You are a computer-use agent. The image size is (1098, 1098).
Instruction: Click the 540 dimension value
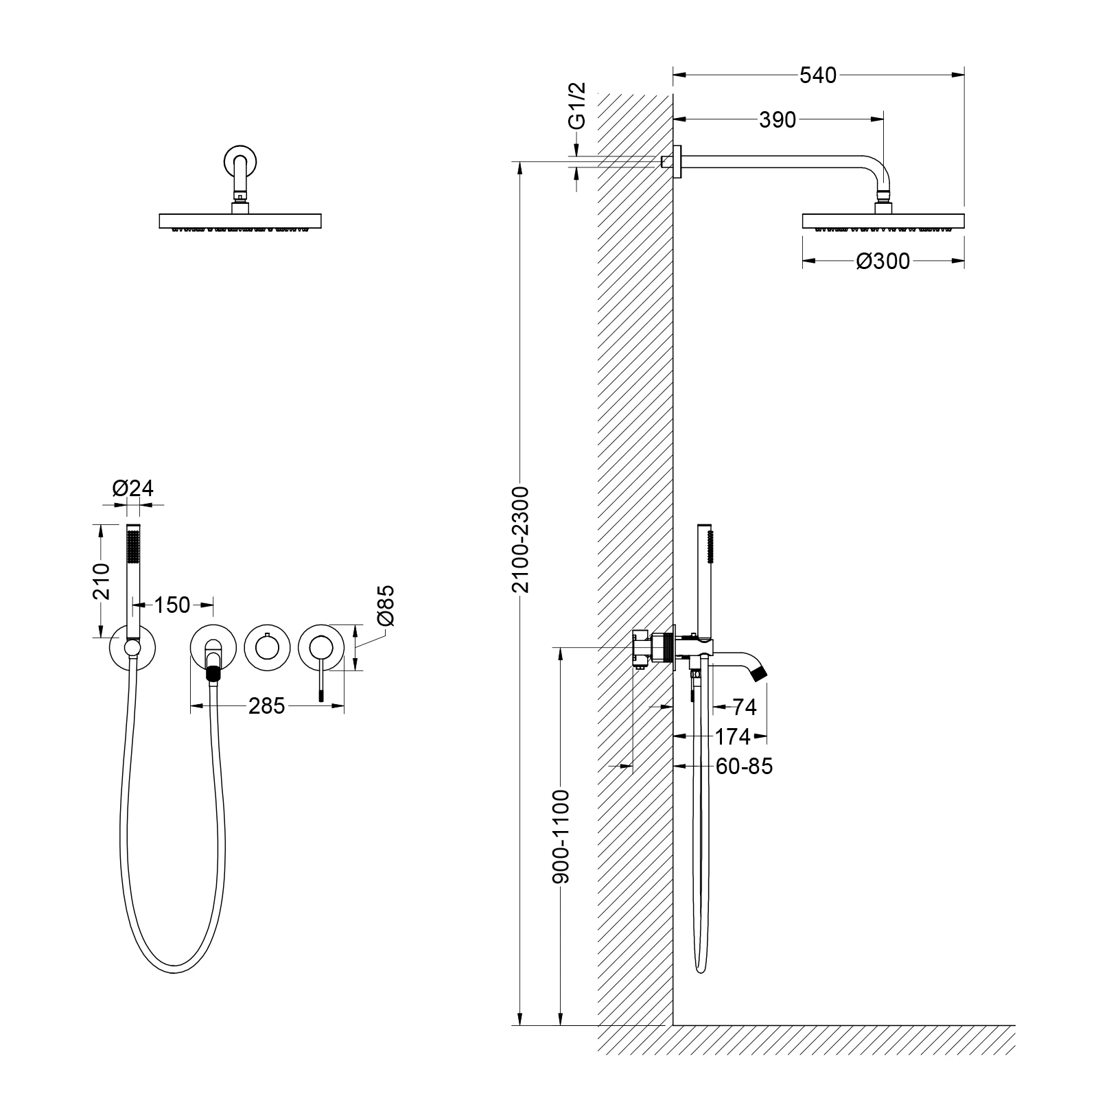(x=818, y=75)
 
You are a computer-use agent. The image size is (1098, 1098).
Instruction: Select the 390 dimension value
(x=778, y=120)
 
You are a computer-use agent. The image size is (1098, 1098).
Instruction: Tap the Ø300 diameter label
(x=883, y=261)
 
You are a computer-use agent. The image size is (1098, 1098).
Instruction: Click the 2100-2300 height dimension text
(x=522, y=539)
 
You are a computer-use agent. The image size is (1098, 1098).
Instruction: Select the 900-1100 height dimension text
(x=561, y=837)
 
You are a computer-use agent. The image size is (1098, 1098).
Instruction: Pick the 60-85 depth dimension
(x=744, y=766)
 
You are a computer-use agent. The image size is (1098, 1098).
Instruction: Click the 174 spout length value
(x=732, y=736)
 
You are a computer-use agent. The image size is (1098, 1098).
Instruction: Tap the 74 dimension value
(x=744, y=707)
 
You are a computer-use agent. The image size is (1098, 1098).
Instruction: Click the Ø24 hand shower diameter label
(x=132, y=488)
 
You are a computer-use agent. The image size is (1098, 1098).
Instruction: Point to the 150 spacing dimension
(x=172, y=605)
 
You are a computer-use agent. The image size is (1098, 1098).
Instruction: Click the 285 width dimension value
(x=266, y=705)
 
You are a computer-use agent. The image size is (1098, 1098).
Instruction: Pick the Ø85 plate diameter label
(x=386, y=605)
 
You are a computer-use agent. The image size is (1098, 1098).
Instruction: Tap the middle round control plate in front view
(x=266, y=647)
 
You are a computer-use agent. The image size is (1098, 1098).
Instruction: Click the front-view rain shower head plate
(x=240, y=221)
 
